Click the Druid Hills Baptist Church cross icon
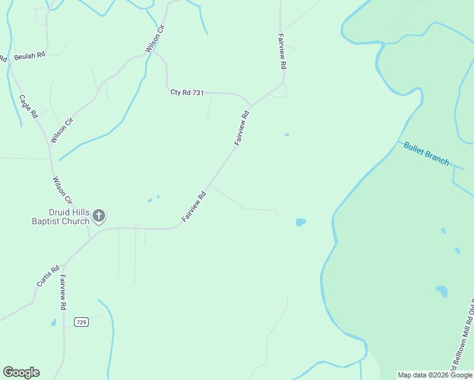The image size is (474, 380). tap(98, 216)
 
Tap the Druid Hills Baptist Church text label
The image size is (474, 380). tap(61, 216)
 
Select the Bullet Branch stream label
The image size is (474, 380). tap(426, 153)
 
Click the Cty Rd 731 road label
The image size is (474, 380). tap(187, 92)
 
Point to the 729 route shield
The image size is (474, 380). tap(80, 322)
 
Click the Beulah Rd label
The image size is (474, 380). tap(30, 55)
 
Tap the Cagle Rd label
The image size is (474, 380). tap(29, 106)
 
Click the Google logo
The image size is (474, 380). tap(21, 372)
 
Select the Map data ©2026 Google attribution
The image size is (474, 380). tap(435, 375)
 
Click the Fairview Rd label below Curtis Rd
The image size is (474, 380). tap(63, 292)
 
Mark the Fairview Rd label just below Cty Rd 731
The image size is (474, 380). tap(242, 129)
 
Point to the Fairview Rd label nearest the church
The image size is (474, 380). tap(195, 206)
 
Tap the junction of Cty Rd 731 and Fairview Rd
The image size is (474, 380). tap(252, 105)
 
